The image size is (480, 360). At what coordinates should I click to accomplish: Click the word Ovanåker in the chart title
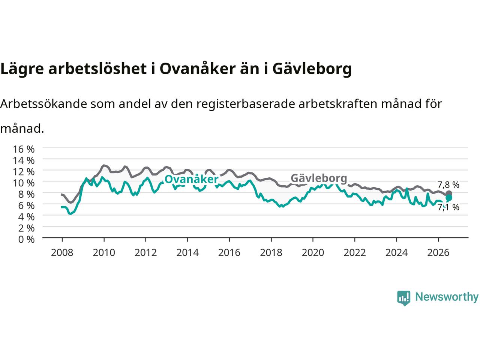pyautogui.click(x=198, y=69)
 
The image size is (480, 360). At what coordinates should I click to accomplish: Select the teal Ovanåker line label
pyautogui.click(x=191, y=179)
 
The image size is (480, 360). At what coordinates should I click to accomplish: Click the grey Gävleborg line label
pyautogui.click(x=319, y=178)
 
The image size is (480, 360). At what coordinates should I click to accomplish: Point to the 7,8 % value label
pyautogui.click(x=448, y=185)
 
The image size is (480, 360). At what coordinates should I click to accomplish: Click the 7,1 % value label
pyautogui.click(x=448, y=207)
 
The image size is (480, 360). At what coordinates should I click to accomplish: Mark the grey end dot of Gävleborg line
pyautogui.click(x=449, y=193)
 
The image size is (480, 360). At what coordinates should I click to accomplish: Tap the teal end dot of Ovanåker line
pyautogui.click(x=449, y=198)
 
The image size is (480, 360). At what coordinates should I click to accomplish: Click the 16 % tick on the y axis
pyautogui.click(x=24, y=149)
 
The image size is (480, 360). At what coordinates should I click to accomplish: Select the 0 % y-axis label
pyautogui.click(x=27, y=240)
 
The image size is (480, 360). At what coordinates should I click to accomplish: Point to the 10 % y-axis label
pyautogui.click(x=24, y=183)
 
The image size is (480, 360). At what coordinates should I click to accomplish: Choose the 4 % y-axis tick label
pyautogui.click(x=27, y=217)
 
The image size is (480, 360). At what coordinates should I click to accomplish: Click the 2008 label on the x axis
pyautogui.click(x=62, y=253)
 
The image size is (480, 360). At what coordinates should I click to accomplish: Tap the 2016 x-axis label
pyautogui.click(x=229, y=253)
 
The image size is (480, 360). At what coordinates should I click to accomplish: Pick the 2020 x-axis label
pyautogui.click(x=313, y=253)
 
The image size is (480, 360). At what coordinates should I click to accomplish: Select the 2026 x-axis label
pyautogui.click(x=438, y=253)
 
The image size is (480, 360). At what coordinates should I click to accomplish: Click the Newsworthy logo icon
pyautogui.click(x=403, y=298)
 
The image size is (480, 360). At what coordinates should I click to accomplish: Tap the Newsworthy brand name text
pyautogui.click(x=447, y=297)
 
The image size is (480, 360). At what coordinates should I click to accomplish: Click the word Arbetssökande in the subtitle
pyautogui.click(x=43, y=104)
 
